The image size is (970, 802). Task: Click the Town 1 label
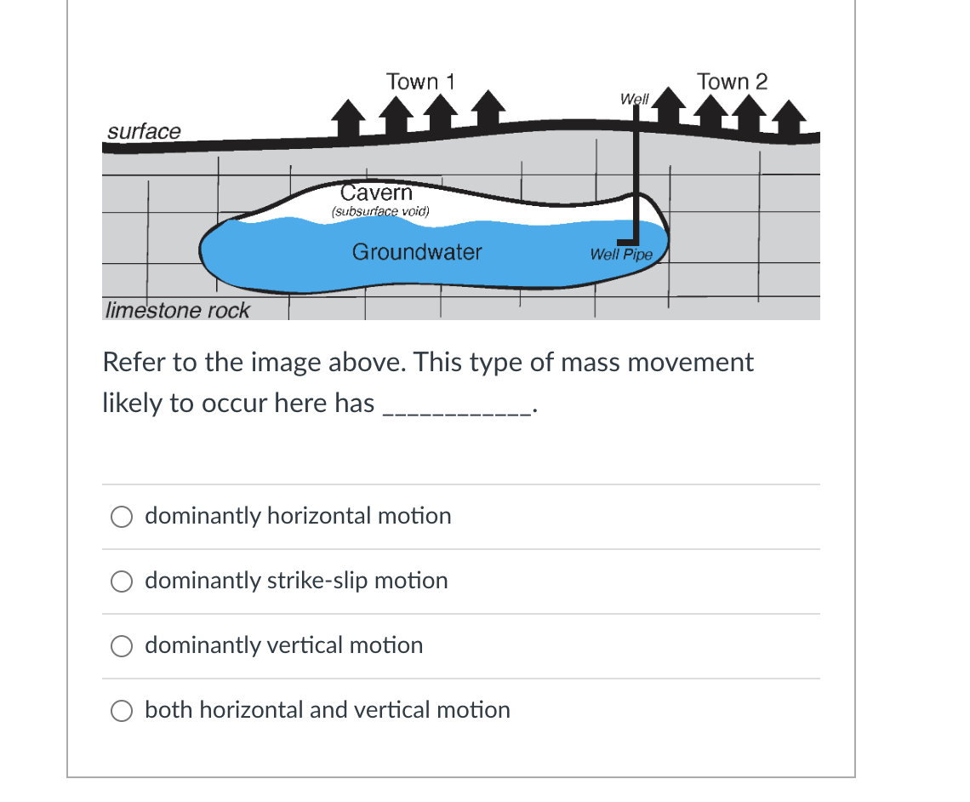tap(420, 82)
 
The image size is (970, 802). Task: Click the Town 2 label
tap(732, 82)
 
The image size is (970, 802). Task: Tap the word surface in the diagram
tap(144, 131)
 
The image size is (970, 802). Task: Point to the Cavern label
tap(376, 192)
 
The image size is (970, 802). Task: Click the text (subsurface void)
tap(380, 211)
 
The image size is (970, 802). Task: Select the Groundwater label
tap(417, 252)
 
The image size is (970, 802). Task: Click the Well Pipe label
tap(621, 255)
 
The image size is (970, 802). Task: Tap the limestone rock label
tap(177, 310)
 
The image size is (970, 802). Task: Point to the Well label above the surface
tap(634, 99)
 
